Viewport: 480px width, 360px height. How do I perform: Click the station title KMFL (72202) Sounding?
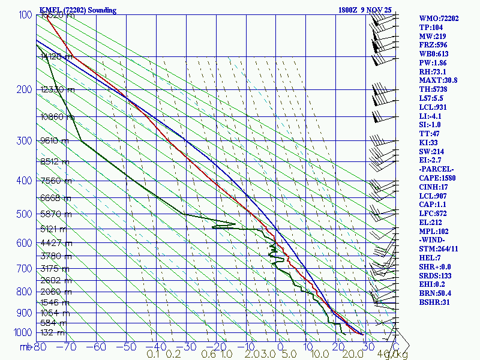78,10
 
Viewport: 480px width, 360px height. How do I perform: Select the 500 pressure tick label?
24,214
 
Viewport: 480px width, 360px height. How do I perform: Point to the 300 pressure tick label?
24,141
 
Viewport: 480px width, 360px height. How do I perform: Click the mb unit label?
25,347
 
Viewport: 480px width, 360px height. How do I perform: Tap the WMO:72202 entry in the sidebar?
439,19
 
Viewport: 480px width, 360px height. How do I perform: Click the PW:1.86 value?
434,62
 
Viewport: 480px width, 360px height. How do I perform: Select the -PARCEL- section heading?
436,169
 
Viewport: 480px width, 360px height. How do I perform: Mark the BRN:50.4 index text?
436,293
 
